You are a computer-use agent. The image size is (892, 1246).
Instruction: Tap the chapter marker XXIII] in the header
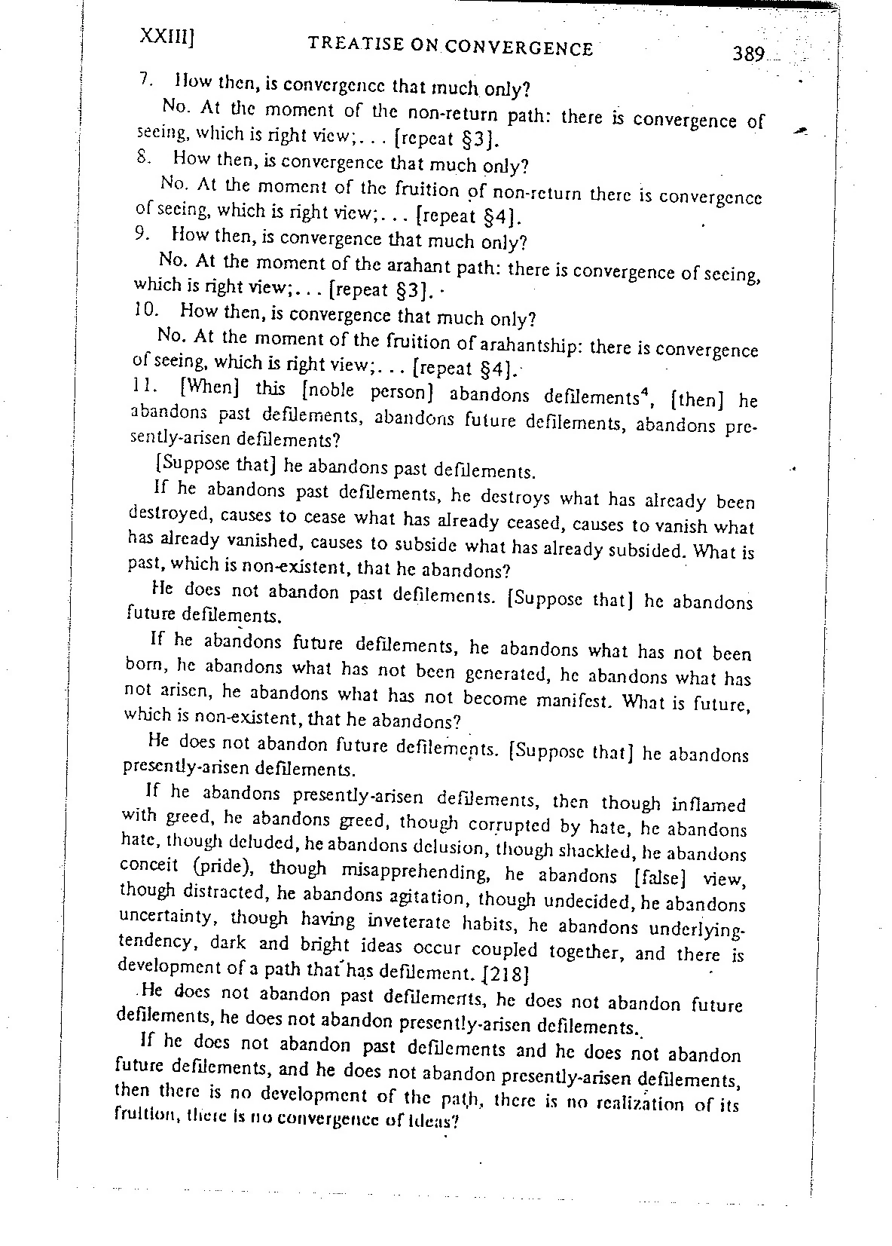coord(168,37)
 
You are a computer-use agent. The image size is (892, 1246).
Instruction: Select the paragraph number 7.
coord(146,79)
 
